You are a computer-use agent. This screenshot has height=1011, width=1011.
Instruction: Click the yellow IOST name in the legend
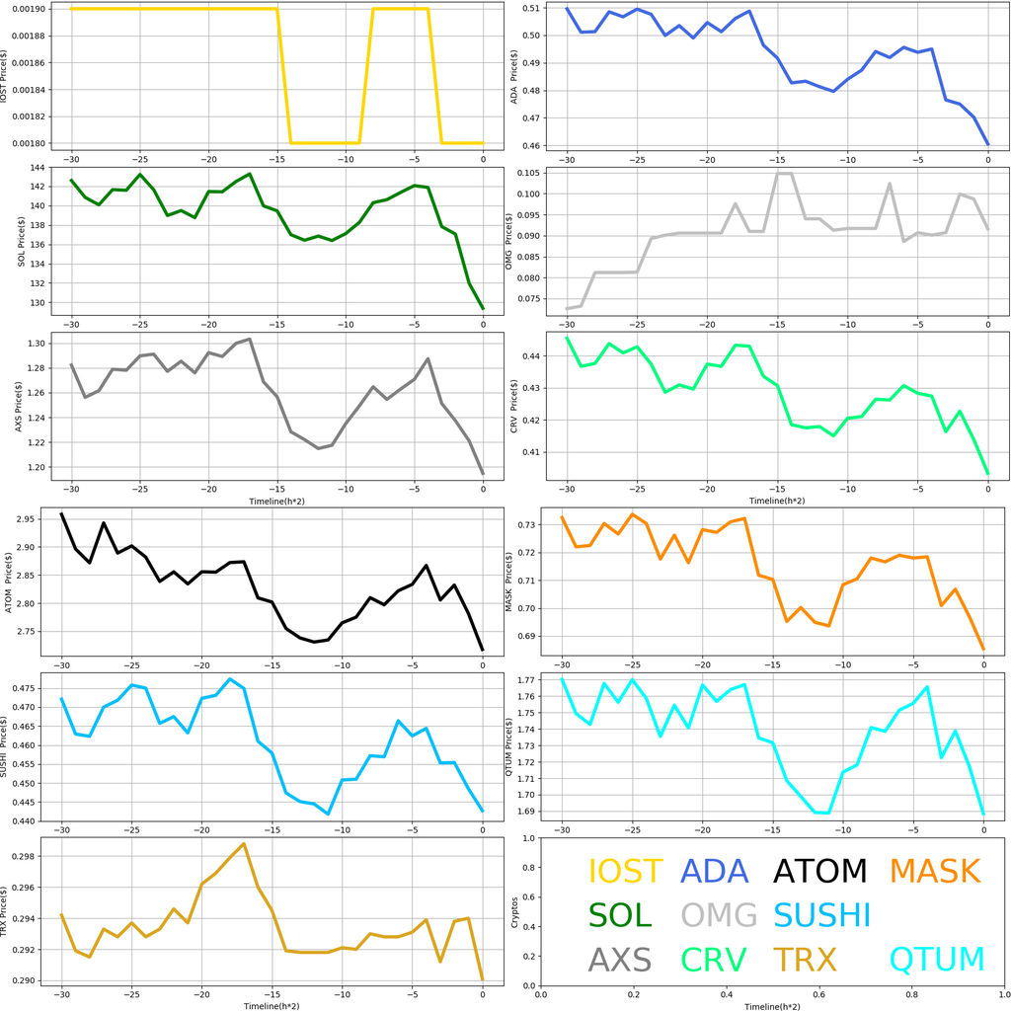click(625, 871)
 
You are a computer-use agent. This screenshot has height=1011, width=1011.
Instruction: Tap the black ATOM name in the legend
click(819, 871)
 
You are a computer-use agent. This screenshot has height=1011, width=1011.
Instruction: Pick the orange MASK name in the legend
click(934, 871)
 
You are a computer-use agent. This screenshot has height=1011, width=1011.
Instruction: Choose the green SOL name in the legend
click(620, 914)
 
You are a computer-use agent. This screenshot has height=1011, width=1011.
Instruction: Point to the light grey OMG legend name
click(719, 914)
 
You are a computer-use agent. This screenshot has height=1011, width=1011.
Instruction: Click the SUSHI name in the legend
click(821, 914)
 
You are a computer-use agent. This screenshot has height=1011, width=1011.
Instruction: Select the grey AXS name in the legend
click(619, 959)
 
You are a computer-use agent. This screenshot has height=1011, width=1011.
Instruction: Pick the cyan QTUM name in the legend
click(936, 959)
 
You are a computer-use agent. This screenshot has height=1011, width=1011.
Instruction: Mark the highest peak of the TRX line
click(244, 844)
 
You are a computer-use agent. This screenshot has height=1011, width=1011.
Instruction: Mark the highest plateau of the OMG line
click(784, 174)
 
